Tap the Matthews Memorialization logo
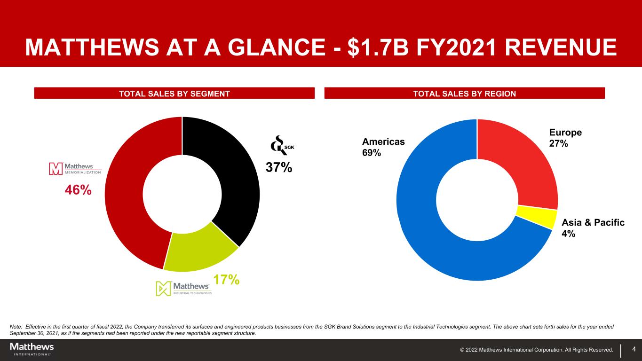75,169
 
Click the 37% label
279,167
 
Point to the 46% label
78,190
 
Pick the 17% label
226,280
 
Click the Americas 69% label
383,147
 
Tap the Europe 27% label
565,138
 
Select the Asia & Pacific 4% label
593,228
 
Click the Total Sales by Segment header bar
174,94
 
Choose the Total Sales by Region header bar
464,94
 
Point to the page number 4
634,349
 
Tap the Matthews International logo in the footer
32,349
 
